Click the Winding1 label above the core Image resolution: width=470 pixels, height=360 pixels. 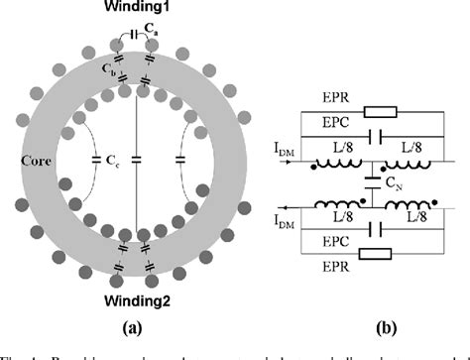click(x=139, y=9)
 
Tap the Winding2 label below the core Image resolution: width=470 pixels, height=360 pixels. click(x=139, y=298)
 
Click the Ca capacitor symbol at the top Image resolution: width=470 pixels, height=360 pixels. click(x=138, y=38)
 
